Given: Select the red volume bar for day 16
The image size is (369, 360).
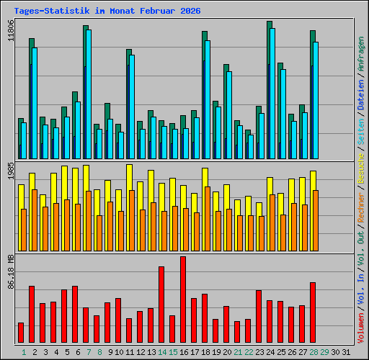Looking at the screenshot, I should [183, 300].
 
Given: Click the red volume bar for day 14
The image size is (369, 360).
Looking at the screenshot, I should [161, 305].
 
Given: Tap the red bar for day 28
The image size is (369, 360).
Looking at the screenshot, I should [313, 312].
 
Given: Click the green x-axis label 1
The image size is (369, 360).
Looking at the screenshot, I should [24, 352].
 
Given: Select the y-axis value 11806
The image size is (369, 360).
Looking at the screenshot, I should [10, 31].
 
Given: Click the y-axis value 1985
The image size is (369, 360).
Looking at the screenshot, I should [10, 174].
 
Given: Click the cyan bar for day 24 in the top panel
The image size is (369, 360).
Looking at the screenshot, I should [272, 94].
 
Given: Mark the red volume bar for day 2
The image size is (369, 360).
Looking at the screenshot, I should [32, 315].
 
